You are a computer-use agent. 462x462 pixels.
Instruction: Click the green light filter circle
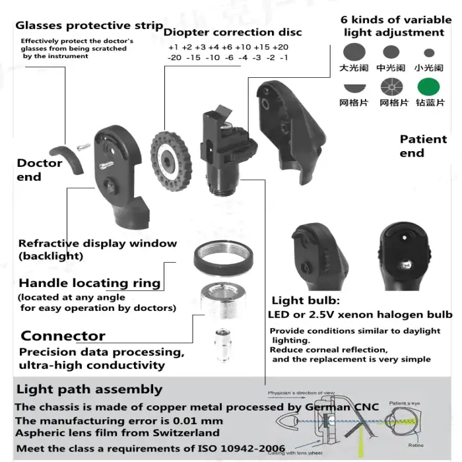pos(428,86)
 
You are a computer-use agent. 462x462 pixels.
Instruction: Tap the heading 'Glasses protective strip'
pos(89,26)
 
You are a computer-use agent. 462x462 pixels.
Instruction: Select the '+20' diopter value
pos(280,47)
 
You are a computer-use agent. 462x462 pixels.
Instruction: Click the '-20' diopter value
pos(175,57)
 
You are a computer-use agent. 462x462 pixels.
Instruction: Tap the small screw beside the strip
pos(82,148)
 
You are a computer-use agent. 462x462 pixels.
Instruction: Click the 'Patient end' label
pos(423,146)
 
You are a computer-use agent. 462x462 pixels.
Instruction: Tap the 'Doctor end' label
pos(40,170)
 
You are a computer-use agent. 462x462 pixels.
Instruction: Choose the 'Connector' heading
pos(63,335)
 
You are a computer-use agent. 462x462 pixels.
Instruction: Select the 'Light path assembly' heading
pos(89,389)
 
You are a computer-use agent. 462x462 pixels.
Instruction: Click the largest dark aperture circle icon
pos(354,51)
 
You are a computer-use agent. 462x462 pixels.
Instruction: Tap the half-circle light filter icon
pos(354,86)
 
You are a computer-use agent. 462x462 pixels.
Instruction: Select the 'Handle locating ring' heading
pos(89,283)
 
